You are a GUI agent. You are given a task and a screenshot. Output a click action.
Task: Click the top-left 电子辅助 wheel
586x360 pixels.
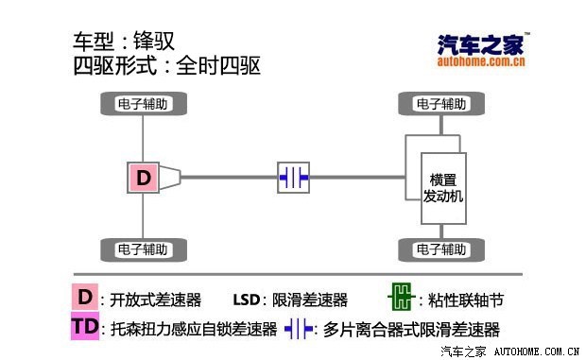tap(142, 103)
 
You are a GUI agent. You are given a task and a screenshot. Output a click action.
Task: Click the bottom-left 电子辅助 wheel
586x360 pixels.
tap(142, 249)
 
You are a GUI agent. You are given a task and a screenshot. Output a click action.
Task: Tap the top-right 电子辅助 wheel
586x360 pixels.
tap(441, 103)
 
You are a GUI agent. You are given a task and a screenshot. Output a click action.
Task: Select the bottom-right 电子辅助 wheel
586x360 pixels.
tap(441, 249)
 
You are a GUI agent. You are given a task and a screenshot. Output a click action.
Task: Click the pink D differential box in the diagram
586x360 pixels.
tap(143, 177)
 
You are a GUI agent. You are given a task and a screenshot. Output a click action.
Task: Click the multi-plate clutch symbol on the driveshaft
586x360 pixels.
tap(293, 177)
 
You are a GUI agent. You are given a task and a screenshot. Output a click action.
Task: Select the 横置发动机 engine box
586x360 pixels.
tap(442, 187)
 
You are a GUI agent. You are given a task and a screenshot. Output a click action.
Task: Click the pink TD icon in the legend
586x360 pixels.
tap(84, 328)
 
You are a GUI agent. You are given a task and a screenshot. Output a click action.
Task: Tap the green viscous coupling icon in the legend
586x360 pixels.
tap(401, 300)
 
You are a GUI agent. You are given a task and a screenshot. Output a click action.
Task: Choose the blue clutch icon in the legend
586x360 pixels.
tap(300, 329)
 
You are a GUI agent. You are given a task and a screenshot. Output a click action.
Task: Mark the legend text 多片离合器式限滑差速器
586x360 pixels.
tap(411, 330)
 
